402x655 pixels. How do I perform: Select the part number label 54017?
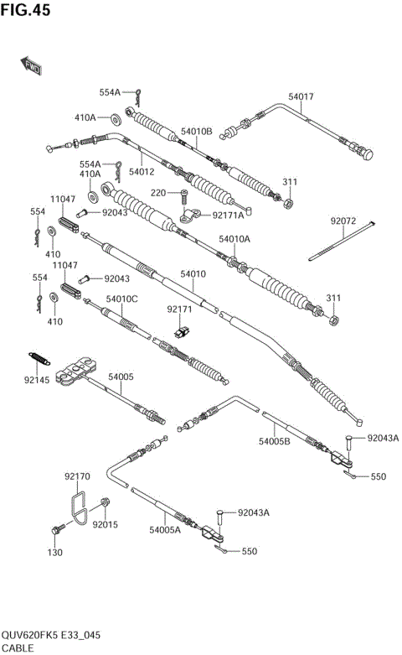point(301,97)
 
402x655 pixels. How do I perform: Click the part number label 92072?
point(343,221)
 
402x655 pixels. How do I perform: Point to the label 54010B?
point(197,132)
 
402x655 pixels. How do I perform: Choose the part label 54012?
point(142,172)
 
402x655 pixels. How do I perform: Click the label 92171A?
point(229,216)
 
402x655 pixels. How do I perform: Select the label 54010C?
point(122,299)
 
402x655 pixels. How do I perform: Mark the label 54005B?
point(274,440)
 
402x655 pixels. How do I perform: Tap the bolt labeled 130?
point(59,530)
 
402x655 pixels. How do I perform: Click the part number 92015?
point(105,525)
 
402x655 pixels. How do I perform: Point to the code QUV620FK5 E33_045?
point(52,635)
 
